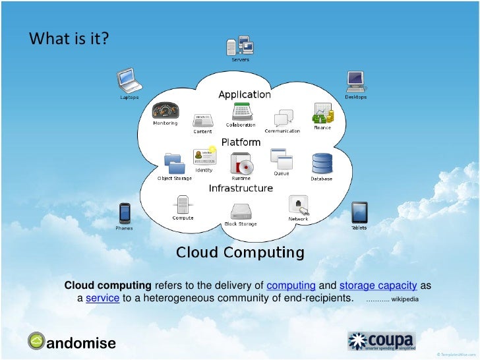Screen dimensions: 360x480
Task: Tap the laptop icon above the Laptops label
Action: click(x=128, y=80)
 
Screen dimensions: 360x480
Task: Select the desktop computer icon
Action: click(x=356, y=80)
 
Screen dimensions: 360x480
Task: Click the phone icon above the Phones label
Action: click(x=123, y=213)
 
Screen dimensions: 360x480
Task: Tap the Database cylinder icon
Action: click(x=322, y=164)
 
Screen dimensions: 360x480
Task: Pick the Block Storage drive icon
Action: click(x=240, y=210)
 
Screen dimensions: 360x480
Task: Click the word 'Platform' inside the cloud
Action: click(x=239, y=142)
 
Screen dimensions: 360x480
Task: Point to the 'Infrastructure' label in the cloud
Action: click(x=241, y=189)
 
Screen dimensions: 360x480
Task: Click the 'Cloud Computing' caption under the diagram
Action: click(x=240, y=253)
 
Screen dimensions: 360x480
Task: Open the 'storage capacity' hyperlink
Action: click(x=378, y=285)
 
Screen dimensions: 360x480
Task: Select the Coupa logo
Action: click(x=381, y=341)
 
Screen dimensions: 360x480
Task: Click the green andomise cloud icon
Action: click(x=37, y=340)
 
